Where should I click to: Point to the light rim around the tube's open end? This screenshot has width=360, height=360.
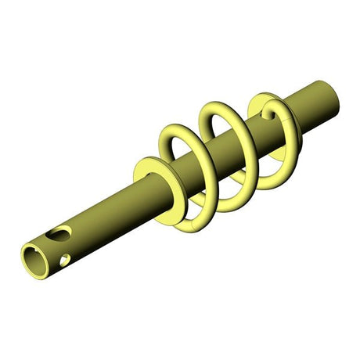pos(26,253)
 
